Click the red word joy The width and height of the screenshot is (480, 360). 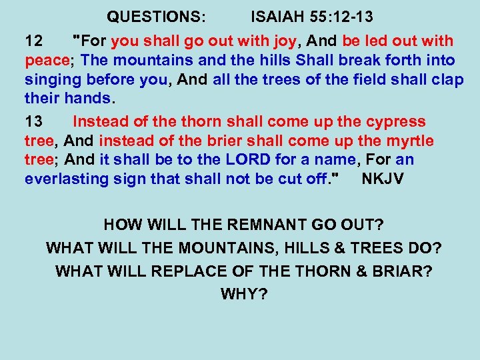coord(283,41)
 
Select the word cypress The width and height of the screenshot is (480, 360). coord(395,122)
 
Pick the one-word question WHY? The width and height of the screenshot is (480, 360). coord(243,294)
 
